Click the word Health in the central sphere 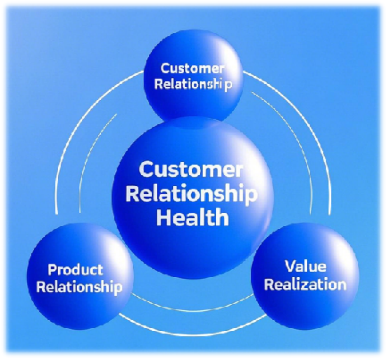(x=192, y=217)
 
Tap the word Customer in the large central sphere (x=190, y=169)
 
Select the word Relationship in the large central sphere (x=191, y=193)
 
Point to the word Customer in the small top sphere (x=193, y=69)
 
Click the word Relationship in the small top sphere (x=193, y=85)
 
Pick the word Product (x=75, y=270)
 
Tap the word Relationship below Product (x=78, y=287)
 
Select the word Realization (x=305, y=284)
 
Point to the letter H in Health (x=163, y=217)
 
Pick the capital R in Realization (x=269, y=284)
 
